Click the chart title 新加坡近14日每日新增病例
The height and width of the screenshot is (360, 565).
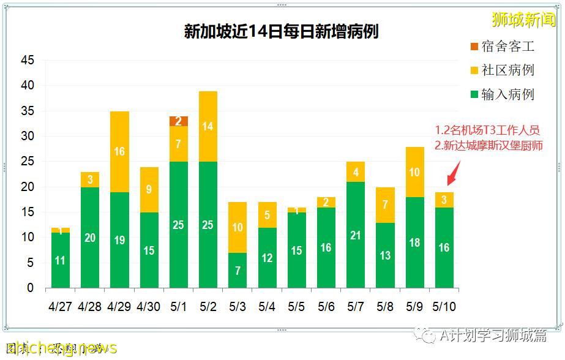[281, 32]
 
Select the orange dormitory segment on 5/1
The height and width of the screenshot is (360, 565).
[179, 121]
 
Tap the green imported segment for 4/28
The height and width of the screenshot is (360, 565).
[90, 238]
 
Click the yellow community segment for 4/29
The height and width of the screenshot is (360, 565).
[119, 152]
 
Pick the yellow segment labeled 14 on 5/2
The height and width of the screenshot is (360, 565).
[208, 127]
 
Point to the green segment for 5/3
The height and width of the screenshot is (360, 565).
[238, 270]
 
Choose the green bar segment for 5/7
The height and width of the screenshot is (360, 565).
[356, 235]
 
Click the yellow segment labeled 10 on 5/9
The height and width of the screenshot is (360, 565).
[414, 172]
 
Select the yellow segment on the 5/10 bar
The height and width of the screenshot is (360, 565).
[444, 200]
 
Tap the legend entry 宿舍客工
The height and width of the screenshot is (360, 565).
[501, 47]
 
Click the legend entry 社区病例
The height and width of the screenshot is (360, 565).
[501, 70]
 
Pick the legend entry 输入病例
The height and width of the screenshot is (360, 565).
[501, 94]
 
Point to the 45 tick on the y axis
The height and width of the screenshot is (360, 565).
[28, 61]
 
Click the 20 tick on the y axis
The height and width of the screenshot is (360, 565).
[28, 187]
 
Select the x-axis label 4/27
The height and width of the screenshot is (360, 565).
[60, 306]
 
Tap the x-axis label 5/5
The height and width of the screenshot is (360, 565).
[297, 306]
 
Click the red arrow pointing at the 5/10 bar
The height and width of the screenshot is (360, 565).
[451, 178]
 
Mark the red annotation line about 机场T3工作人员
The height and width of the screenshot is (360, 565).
[487, 130]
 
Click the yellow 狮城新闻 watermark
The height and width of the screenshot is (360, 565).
[523, 20]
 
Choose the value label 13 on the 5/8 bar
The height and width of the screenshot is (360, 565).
[385, 255]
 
